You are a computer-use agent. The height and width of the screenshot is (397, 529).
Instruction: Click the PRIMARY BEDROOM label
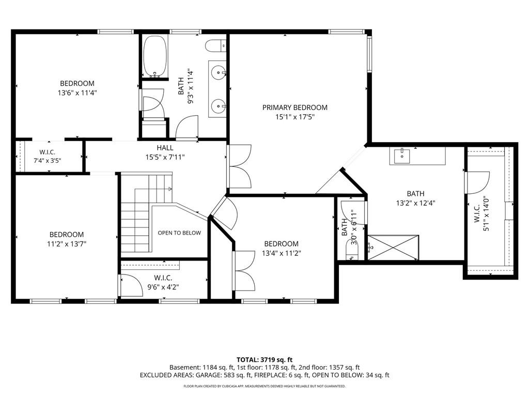[295, 108]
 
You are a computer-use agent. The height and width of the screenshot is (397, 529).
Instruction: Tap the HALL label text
[165, 147]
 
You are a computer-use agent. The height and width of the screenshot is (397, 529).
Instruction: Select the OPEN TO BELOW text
[179, 233]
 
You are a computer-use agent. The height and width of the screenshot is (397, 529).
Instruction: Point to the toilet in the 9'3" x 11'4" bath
[215, 46]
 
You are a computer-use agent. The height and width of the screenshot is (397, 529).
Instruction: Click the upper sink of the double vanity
[219, 72]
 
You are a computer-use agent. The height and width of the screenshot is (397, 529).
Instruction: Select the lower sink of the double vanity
[219, 106]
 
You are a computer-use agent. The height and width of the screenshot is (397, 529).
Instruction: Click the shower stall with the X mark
[393, 248]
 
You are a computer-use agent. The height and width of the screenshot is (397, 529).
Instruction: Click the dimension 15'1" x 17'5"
[295, 117]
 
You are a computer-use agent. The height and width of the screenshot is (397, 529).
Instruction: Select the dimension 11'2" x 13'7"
[67, 244]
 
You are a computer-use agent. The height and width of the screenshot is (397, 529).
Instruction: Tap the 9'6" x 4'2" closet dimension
[163, 287]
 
